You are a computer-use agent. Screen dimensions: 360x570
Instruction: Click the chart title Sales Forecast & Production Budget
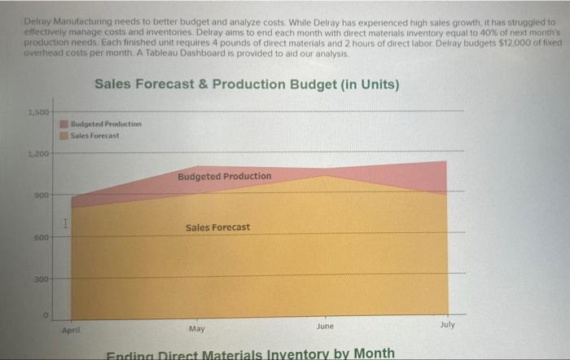coord(247,84)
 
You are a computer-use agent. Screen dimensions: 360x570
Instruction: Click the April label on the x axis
coord(72,331)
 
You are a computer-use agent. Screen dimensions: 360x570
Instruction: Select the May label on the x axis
coord(196,329)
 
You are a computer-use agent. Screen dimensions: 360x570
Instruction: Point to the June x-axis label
coord(325,326)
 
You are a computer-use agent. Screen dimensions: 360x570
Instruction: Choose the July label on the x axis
coord(446,324)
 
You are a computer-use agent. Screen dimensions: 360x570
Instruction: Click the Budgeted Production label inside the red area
coord(224,176)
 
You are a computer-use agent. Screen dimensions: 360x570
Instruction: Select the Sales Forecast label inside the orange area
coord(217,227)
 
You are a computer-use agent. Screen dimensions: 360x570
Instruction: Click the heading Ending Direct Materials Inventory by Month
coord(252,353)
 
